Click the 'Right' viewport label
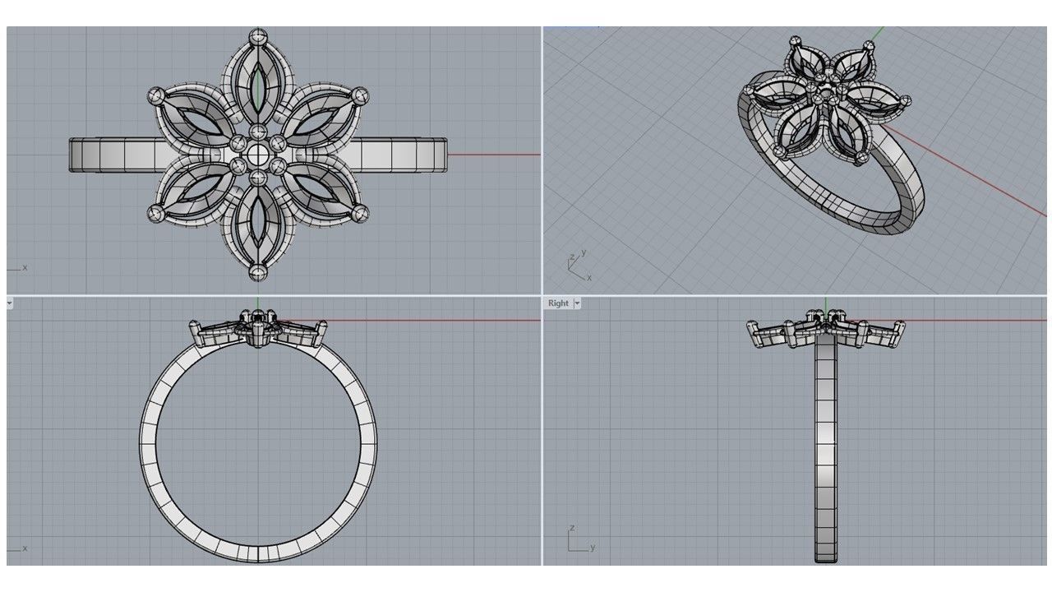[558, 303]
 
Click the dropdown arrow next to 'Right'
[577, 303]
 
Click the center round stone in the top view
[258, 154]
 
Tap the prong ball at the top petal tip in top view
[258, 36]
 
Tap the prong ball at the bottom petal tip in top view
[258, 272]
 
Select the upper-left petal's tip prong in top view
[156, 96]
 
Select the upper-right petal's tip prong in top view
[361, 95]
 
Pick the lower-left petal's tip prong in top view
[155, 214]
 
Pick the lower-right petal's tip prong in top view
[360, 214]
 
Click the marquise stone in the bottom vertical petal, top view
[258, 222]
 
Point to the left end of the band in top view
[72, 155]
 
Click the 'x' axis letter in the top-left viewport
[25, 267]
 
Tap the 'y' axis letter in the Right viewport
[592, 547]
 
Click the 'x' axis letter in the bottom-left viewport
[25, 548]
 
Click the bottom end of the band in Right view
[825, 558]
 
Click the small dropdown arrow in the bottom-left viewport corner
[9, 303]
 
